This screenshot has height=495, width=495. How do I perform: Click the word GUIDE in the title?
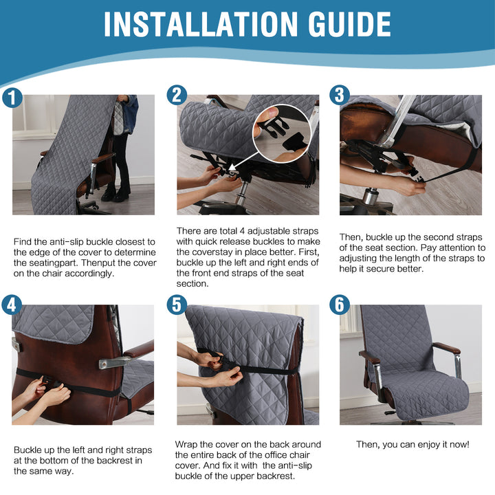[349, 24]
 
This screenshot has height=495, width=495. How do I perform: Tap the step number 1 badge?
[12, 98]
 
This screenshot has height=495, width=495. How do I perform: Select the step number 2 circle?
[177, 95]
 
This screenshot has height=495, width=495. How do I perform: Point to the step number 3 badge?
[340, 95]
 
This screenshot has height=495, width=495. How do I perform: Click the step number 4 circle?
[12, 305]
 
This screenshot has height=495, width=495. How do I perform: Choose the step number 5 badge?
[177, 305]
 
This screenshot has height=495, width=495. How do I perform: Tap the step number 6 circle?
[340, 305]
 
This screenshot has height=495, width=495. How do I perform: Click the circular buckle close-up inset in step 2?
[282, 133]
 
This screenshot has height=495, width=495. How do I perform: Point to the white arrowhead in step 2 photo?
[232, 166]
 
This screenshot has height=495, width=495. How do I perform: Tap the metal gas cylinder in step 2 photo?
[242, 192]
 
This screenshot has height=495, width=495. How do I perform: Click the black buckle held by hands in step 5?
[221, 361]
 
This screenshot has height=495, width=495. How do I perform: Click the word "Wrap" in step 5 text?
[186, 445]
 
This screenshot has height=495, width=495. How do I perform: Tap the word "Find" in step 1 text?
[23, 242]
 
